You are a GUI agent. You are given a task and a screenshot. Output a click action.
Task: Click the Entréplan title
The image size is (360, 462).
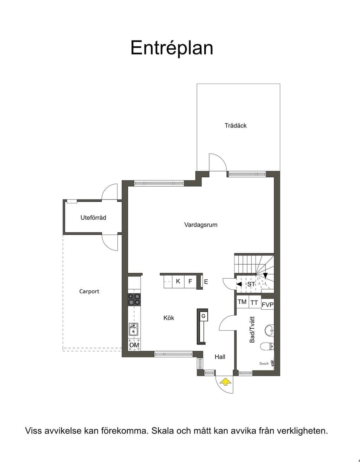(172, 48)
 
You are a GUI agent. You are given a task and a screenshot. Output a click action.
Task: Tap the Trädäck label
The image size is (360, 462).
(236, 125)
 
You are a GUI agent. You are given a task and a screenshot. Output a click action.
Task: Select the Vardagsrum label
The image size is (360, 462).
(201, 225)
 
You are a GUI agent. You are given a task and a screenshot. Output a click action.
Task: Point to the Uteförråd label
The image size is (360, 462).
(93, 217)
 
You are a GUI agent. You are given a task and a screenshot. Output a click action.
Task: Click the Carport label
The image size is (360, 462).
(89, 291)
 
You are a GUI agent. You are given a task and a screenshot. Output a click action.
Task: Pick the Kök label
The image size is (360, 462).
(169, 318)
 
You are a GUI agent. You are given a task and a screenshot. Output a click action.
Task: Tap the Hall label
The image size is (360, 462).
(220, 357)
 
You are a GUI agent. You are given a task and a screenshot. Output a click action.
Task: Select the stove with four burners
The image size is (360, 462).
(134, 299)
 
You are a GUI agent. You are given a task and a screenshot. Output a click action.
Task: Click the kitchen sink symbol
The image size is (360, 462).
(133, 329)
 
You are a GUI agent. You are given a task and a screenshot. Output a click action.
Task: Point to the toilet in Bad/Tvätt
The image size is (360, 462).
(267, 346)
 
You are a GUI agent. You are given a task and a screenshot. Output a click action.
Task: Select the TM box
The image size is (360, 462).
(242, 302)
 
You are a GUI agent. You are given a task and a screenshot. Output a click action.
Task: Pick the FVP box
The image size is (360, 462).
(268, 304)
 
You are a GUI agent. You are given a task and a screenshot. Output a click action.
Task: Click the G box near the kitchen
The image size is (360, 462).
(204, 316)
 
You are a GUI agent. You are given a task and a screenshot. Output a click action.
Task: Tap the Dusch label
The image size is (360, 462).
(264, 363)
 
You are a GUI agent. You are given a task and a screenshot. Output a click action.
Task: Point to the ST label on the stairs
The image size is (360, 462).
(251, 284)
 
